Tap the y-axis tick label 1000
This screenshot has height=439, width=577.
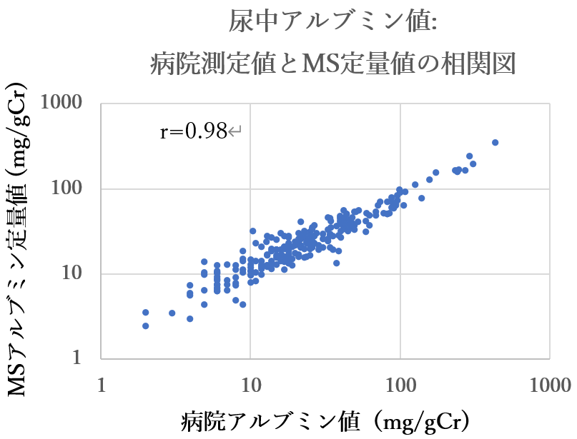[x=69, y=104]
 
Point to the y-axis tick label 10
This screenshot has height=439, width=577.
[x=82, y=274]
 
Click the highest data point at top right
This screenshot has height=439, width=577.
[x=495, y=143]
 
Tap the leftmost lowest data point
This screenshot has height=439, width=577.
[x=146, y=326]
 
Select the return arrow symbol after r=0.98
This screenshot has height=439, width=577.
[x=236, y=132]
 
